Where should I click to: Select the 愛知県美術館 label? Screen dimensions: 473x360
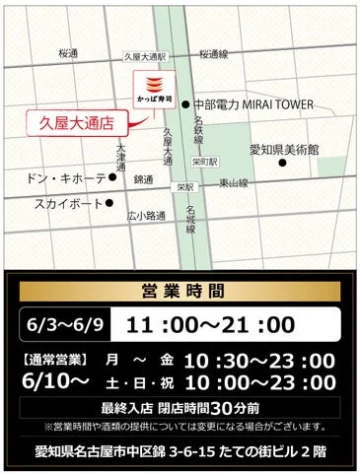(284, 149)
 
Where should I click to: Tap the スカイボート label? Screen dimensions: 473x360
(69, 204)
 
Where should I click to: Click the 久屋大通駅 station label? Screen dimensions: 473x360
(146, 58)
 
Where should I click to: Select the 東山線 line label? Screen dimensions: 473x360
(234, 182)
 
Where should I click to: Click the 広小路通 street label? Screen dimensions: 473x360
(145, 215)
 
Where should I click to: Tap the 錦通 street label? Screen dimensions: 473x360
(144, 180)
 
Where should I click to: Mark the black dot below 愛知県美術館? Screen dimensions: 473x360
(282, 163)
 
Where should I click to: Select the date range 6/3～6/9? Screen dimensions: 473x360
(61, 324)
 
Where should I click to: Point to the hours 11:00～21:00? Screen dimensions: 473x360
(207, 324)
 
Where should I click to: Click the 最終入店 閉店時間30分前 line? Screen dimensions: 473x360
(180, 406)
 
